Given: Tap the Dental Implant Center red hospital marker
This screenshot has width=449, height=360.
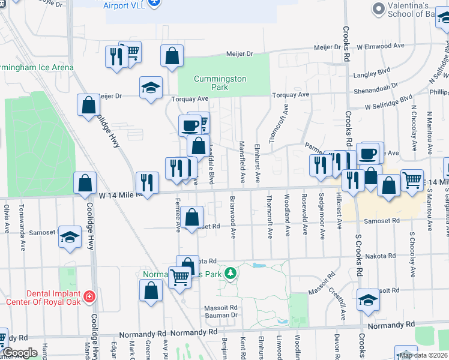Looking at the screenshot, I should pyautogui.click(x=89, y=296).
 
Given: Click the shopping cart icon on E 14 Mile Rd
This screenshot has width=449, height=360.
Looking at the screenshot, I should pyautogui.click(x=412, y=179).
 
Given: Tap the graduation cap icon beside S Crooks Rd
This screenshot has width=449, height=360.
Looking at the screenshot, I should pyautogui.click(x=367, y=299).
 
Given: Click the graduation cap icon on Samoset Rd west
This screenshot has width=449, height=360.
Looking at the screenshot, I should pyautogui.click(x=70, y=238).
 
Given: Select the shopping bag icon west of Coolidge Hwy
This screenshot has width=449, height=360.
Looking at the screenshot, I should pyautogui.click(x=85, y=181).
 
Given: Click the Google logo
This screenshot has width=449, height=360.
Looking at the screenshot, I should pyautogui.click(x=20, y=353).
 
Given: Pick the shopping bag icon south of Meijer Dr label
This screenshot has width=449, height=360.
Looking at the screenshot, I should pyautogui.click(x=172, y=55).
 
